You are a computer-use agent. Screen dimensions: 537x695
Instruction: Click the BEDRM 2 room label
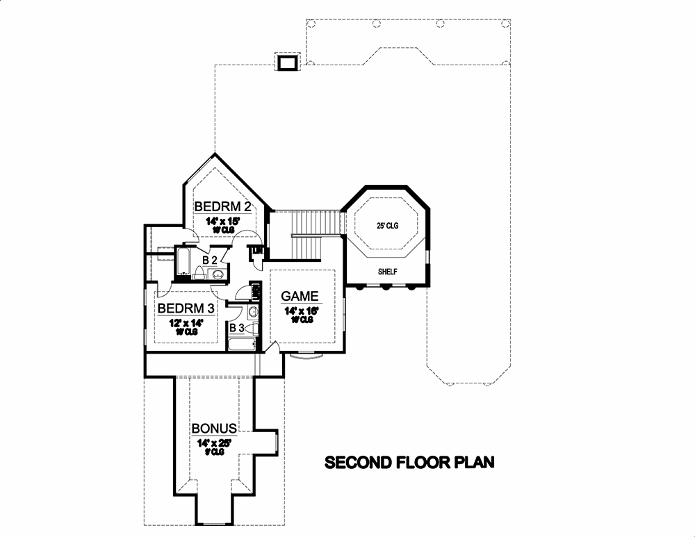222,206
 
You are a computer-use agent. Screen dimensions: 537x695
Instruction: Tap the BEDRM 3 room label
185,308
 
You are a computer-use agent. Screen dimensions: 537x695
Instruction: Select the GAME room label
300,296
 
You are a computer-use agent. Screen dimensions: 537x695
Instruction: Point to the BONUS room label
215,428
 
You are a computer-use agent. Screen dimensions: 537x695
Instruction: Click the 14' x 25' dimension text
213,441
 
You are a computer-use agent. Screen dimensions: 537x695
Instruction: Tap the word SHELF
387,272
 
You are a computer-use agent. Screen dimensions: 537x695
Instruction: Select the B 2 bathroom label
209,259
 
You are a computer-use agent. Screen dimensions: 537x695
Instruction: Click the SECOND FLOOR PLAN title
410,463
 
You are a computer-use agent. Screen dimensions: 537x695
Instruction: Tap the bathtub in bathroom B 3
242,344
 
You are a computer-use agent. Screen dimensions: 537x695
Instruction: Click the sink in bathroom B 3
252,311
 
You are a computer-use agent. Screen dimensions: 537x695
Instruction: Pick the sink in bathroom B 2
218,275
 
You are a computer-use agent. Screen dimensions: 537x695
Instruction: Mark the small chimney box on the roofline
287,63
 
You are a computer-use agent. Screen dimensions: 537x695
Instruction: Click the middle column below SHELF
386,286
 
